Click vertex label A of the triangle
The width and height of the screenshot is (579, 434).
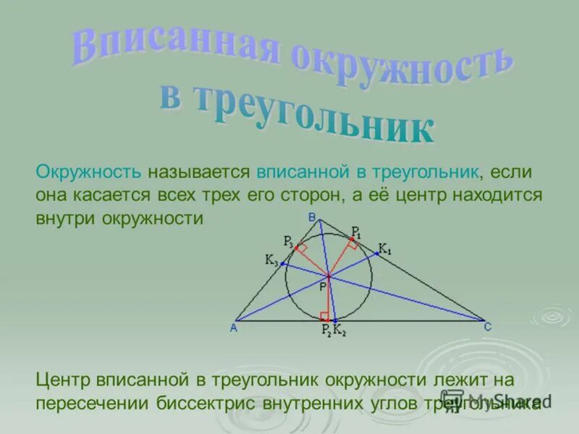point(234,328)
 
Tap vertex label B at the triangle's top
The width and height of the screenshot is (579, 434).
point(311,217)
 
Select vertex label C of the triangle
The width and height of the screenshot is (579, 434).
point(488,328)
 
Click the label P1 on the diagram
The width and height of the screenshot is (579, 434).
point(356,231)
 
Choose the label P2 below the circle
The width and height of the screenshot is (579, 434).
point(326,331)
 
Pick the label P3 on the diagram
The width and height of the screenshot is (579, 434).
point(288,241)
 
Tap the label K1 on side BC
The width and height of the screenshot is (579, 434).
point(384,250)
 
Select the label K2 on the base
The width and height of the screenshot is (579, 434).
point(339,331)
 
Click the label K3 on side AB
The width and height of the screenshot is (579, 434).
point(271,261)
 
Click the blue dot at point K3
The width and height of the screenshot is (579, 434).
point(284,265)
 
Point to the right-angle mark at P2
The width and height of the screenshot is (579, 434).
point(324,315)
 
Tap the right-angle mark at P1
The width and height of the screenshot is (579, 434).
point(351,244)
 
